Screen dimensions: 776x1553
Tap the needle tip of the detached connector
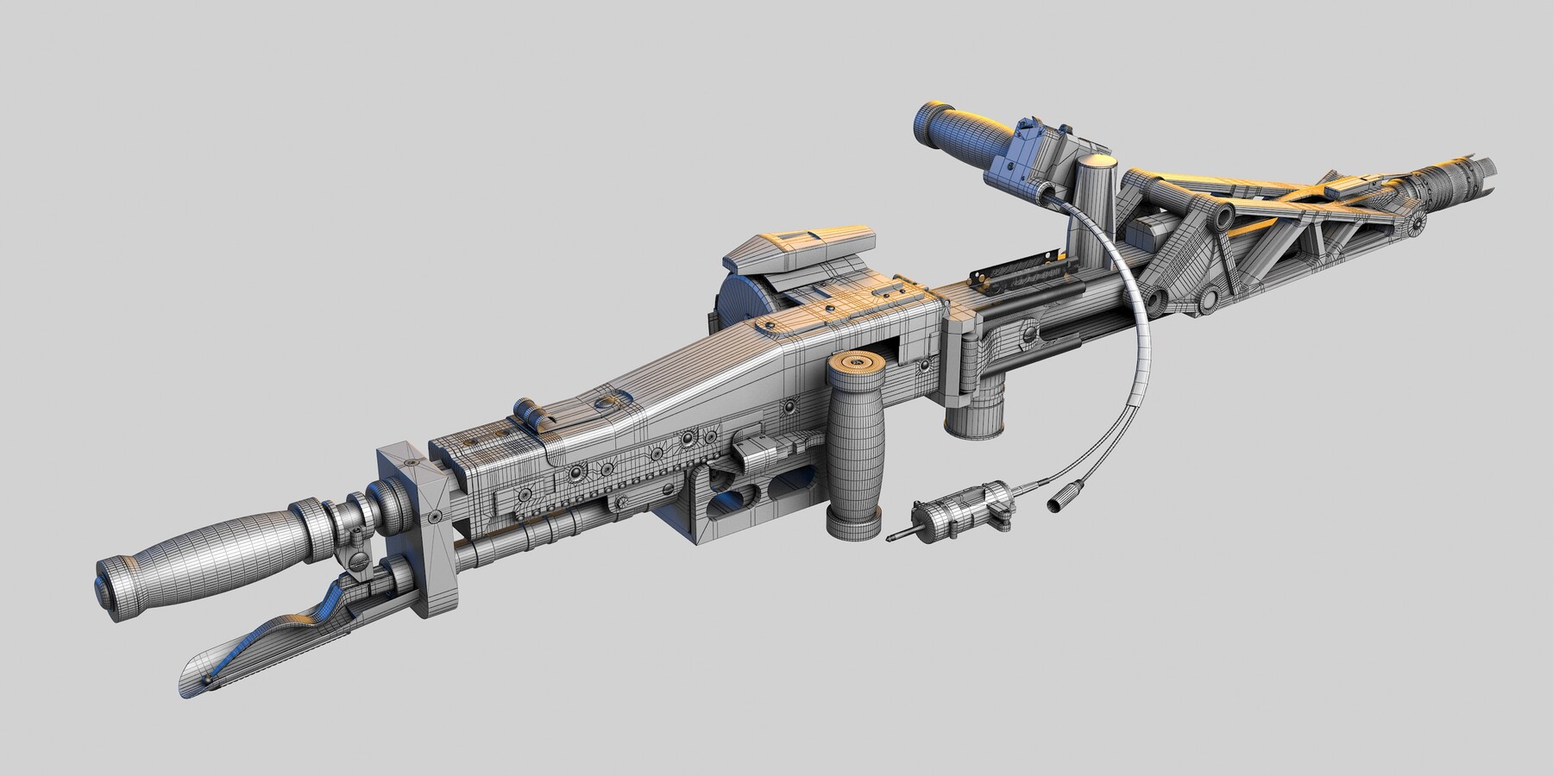click(x=892, y=538)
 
